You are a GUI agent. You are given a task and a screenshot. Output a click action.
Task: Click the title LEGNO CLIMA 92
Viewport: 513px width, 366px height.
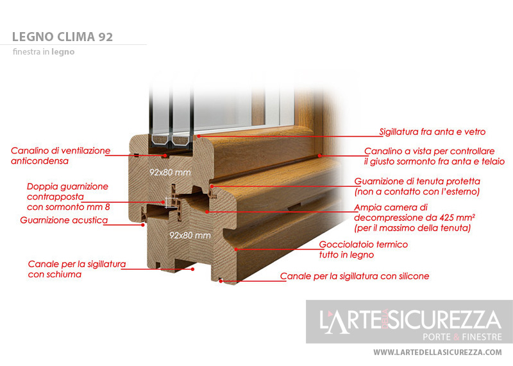coord(62,37)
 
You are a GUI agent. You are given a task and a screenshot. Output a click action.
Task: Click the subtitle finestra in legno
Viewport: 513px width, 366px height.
coord(44,52)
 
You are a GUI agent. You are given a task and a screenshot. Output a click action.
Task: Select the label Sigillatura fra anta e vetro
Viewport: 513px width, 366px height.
coord(432,132)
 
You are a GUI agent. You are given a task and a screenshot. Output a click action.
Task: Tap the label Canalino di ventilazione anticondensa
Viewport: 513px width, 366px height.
coord(60,155)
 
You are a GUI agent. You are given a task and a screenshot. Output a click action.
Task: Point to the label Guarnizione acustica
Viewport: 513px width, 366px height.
coord(63,220)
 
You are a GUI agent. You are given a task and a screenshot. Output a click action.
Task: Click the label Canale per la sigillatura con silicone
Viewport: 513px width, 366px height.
coord(355,276)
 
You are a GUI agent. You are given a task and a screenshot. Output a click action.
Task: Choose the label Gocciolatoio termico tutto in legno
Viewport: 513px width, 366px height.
coord(364,250)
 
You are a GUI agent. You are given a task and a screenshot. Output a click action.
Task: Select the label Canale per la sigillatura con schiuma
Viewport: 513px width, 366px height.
coord(77,269)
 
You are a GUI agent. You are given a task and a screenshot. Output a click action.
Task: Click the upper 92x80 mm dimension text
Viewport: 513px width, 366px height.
coord(170,172)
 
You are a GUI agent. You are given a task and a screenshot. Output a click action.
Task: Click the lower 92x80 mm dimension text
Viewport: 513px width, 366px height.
coord(190,235)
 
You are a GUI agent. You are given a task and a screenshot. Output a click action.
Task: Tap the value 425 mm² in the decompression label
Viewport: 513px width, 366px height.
coord(457,218)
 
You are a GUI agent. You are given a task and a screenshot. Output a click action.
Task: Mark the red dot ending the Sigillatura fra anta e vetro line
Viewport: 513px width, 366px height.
coord(199,136)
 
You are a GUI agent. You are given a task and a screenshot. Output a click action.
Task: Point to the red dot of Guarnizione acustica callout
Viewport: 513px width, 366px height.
coord(142,225)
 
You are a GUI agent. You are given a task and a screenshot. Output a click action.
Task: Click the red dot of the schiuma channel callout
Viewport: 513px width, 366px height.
coord(193,269)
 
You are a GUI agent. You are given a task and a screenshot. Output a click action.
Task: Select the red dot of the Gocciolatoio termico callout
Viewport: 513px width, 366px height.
coord(236,250)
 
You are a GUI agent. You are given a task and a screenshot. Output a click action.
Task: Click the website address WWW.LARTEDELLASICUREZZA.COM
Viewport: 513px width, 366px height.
coord(437,353)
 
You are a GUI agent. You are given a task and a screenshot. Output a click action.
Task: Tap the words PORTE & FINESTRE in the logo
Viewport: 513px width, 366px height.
coord(462,337)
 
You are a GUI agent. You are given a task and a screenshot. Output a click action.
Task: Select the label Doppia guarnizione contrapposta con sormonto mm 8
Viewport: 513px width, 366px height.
coord(69,196)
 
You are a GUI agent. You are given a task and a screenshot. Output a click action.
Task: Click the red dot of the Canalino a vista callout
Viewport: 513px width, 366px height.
coord(320,155)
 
